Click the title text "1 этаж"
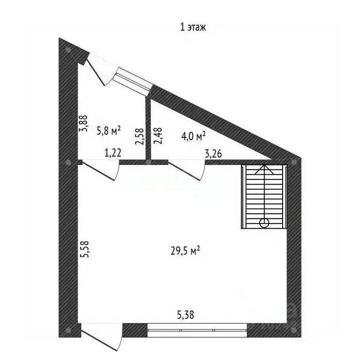(x=193, y=27)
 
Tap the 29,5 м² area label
(x=185, y=250)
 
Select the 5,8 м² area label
(x=109, y=131)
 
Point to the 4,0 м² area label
(x=193, y=136)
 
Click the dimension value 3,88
(x=83, y=123)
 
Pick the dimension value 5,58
(x=85, y=249)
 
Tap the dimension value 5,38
(x=186, y=315)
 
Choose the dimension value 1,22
(x=112, y=153)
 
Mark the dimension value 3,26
(x=213, y=154)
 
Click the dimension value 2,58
(x=140, y=136)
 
